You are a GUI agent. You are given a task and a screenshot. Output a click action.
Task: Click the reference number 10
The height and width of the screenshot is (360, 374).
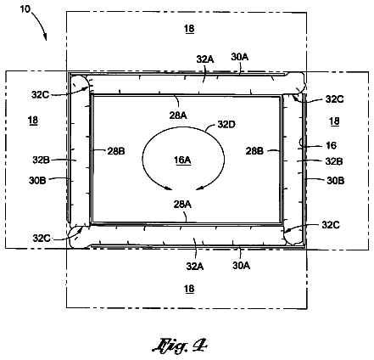click(x=25, y=9)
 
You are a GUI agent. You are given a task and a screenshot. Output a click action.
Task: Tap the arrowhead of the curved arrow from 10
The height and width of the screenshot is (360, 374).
click(x=45, y=37)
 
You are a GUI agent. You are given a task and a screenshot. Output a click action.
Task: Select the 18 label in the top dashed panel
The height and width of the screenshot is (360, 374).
click(x=189, y=29)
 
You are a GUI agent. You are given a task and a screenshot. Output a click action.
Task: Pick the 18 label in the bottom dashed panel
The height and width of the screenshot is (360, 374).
click(x=189, y=289)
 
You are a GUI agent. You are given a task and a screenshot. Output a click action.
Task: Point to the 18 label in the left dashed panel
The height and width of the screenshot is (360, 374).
click(x=33, y=121)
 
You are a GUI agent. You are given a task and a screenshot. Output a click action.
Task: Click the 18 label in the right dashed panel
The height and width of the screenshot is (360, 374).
click(x=334, y=121)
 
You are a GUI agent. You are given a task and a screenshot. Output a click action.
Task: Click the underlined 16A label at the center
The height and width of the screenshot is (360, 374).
click(x=182, y=160)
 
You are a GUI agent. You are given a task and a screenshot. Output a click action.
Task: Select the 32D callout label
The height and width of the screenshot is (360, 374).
click(x=226, y=124)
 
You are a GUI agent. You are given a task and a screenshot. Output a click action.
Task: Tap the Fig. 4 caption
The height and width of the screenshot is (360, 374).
click(x=180, y=346)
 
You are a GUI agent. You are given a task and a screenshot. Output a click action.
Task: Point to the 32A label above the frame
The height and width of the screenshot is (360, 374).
click(x=205, y=59)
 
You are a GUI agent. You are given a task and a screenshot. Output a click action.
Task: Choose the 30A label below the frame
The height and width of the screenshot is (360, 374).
click(x=241, y=266)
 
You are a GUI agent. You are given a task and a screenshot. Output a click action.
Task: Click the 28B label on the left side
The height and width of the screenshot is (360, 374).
click(x=116, y=151)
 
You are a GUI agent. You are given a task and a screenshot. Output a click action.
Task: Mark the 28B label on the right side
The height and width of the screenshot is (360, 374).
click(x=254, y=151)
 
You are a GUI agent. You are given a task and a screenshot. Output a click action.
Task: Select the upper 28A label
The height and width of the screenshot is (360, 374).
click(x=178, y=115)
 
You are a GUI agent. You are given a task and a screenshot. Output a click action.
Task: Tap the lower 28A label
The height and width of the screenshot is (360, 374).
click(x=182, y=204)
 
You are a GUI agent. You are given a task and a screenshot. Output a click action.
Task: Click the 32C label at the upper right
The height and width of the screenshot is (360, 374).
click(x=334, y=99)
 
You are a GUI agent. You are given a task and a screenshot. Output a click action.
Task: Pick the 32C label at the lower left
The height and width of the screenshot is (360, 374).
click(x=42, y=239)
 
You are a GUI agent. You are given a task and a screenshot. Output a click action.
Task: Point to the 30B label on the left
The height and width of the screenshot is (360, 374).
click(x=37, y=180)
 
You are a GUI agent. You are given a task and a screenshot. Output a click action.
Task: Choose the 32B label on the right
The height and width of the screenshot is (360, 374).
click(x=334, y=161)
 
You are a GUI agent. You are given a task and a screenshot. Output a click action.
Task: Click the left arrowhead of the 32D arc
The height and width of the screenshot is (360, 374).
click(x=169, y=188)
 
